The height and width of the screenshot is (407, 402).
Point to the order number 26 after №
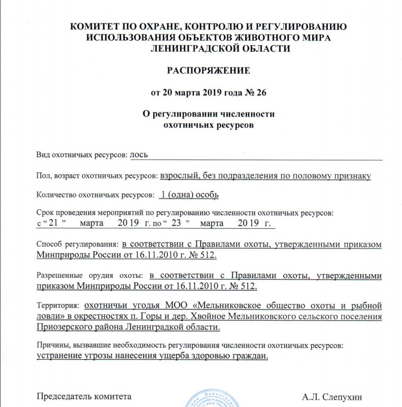260,92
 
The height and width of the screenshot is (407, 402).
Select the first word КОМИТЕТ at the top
96,26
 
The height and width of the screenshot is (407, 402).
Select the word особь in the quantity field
207,194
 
